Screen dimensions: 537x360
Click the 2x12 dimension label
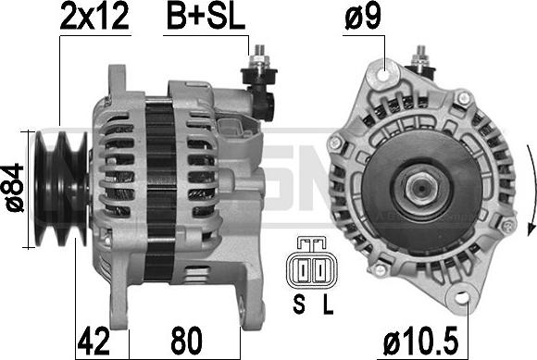(x=94, y=16)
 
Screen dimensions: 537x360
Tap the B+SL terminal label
(x=206, y=16)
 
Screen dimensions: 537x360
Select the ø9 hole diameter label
(x=363, y=16)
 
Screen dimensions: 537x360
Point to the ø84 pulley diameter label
(x=16, y=188)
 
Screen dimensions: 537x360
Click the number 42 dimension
(x=94, y=341)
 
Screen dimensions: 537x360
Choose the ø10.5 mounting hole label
(x=420, y=341)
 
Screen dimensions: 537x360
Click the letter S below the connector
(x=299, y=304)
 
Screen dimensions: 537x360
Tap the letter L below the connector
(x=328, y=304)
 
